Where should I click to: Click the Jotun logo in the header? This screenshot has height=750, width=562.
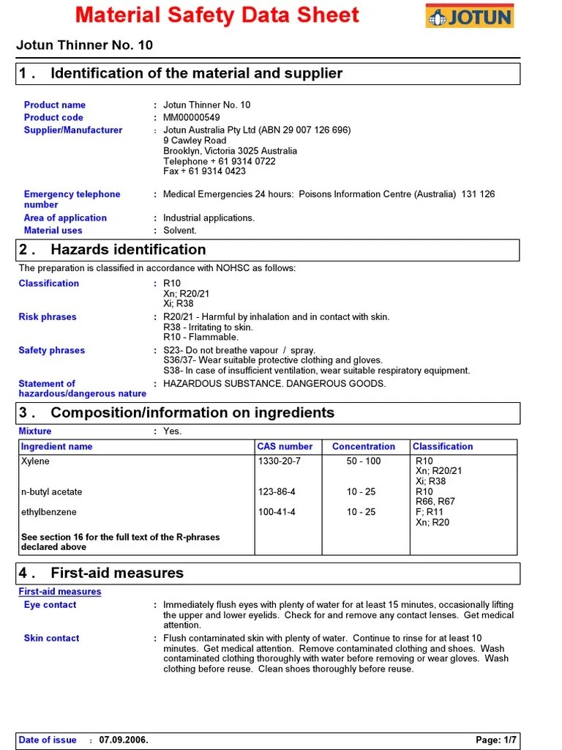pyautogui.click(x=469, y=15)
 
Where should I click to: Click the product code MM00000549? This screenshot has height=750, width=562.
pyautogui.click(x=191, y=117)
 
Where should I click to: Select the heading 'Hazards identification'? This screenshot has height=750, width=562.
pyautogui.click(x=128, y=250)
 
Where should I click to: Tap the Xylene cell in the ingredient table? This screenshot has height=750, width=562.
pyautogui.click(x=36, y=461)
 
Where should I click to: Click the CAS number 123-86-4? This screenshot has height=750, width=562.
pyautogui.click(x=277, y=492)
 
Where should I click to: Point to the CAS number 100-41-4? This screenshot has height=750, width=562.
pyautogui.click(x=277, y=512)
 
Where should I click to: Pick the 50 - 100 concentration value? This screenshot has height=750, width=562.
pyautogui.click(x=364, y=461)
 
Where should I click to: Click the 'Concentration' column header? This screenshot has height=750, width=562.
pyautogui.click(x=364, y=446)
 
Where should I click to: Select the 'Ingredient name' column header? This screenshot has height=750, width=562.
pyautogui.click(x=57, y=446)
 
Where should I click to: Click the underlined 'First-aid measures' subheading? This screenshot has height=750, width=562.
pyautogui.click(x=60, y=592)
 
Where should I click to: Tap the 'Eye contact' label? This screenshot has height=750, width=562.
pyautogui.click(x=50, y=605)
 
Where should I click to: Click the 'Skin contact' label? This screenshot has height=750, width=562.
pyautogui.click(x=51, y=639)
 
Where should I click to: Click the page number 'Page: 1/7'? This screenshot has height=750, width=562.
pyautogui.click(x=496, y=740)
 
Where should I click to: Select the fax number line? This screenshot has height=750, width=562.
pyautogui.click(x=204, y=171)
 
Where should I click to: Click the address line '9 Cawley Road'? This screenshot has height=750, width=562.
pyautogui.click(x=195, y=141)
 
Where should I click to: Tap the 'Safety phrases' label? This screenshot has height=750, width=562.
pyautogui.click(x=52, y=350)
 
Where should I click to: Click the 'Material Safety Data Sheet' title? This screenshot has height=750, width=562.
pyautogui.click(x=217, y=15)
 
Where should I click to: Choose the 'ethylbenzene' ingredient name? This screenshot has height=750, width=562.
pyautogui.click(x=49, y=512)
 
